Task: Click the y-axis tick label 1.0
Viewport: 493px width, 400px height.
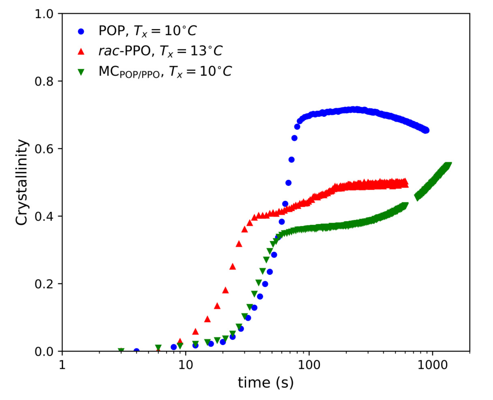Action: tap(44, 14)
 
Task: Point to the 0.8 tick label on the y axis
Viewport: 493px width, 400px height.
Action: tap(44, 81)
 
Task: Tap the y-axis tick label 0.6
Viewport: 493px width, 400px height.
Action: tap(44, 149)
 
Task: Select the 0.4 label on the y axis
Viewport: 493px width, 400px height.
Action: tap(44, 217)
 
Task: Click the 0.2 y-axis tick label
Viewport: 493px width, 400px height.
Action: tap(44, 284)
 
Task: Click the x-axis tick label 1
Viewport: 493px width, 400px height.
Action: tap(62, 365)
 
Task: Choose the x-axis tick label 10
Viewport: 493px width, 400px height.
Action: tap(186, 365)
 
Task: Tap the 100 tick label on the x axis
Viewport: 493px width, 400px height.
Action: tap(309, 365)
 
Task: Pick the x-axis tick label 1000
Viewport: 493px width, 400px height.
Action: tap(433, 365)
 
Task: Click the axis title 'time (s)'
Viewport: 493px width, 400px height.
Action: tap(266, 383)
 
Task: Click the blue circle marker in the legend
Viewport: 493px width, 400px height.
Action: tap(81, 32)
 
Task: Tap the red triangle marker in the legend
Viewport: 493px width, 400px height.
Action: tap(81, 52)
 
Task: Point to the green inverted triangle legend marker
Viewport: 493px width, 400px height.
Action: tap(81, 72)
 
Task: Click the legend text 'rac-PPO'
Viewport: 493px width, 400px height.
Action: tap(125, 51)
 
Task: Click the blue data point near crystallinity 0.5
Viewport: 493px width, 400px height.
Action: tap(288, 183)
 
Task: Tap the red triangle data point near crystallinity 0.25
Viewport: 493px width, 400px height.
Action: tap(233, 267)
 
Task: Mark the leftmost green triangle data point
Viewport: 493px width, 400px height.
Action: tap(121, 351)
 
